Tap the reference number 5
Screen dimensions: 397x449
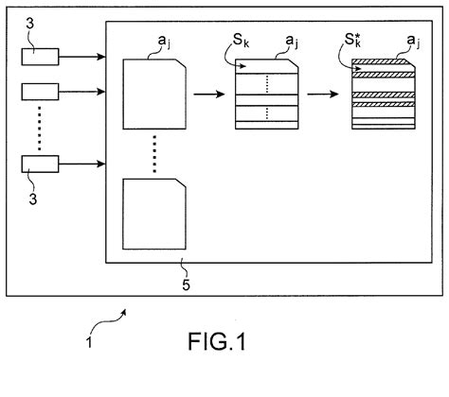pos(184,275)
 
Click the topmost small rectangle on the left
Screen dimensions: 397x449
pos(40,57)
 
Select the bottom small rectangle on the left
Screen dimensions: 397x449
pos(40,164)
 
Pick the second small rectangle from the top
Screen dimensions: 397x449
pos(40,92)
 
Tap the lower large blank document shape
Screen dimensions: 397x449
pos(156,216)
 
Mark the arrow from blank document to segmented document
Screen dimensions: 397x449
pos(207,95)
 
